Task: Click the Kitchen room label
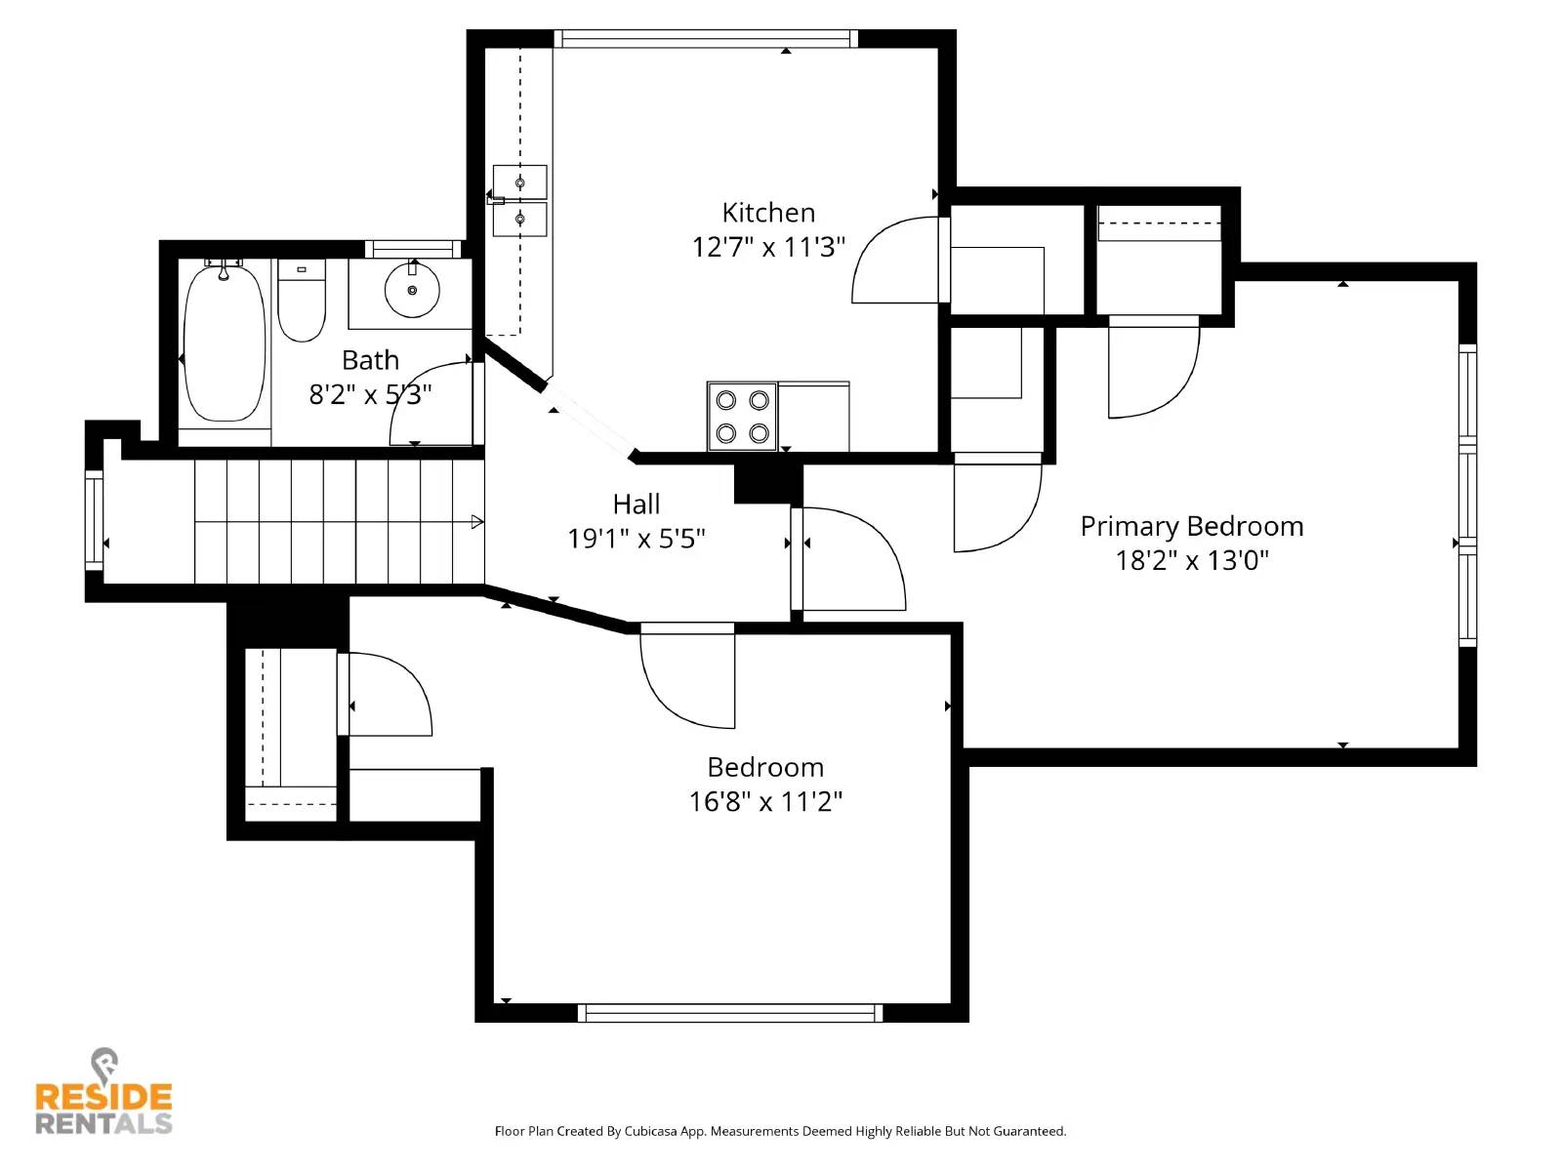pyautogui.click(x=768, y=213)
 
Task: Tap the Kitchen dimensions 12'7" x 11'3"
pyautogui.click(x=768, y=247)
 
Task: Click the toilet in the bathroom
pyautogui.click(x=302, y=300)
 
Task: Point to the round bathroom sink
pyautogui.click(x=412, y=290)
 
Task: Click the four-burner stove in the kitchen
pyautogui.click(x=742, y=417)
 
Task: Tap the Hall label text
pyautogui.click(x=637, y=505)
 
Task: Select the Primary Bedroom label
pyautogui.click(x=1191, y=527)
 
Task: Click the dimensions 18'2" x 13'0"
pyautogui.click(x=1191, y=561)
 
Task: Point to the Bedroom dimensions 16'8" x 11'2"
pyautogui.click(x=765, y=802)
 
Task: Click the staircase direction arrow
pyautogui.click(x=476, y=522)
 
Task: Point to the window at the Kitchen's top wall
pyautogui.click(x=706, y=39)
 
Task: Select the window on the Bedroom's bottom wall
pyautogui.click(x=730, y=1013)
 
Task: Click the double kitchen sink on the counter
pyautogui.click(x=519, y=201)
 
